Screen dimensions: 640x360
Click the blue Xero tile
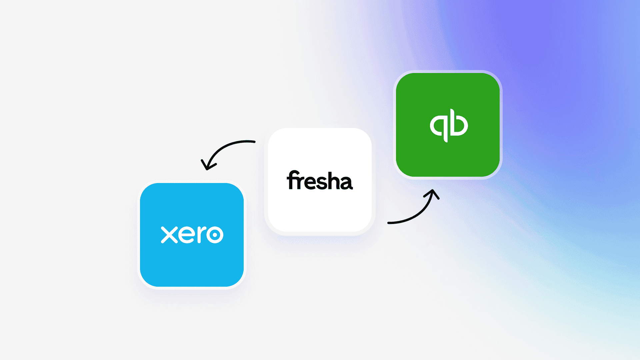(192, 235)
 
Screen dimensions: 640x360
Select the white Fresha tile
(320, 180)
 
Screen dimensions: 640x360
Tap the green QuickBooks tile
(448, 125)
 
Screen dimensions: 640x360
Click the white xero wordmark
(192, 235)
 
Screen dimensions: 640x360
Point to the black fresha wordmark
(320, 180)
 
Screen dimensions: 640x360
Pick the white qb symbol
(449, 125)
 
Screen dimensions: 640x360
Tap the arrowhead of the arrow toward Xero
(207, 165)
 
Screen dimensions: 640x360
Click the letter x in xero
(169, 235)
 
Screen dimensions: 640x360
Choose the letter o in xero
(215, 235)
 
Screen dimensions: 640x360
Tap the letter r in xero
(201, 235)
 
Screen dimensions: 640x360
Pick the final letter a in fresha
(347, 183)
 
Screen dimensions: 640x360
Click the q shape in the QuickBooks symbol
(439, 127)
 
